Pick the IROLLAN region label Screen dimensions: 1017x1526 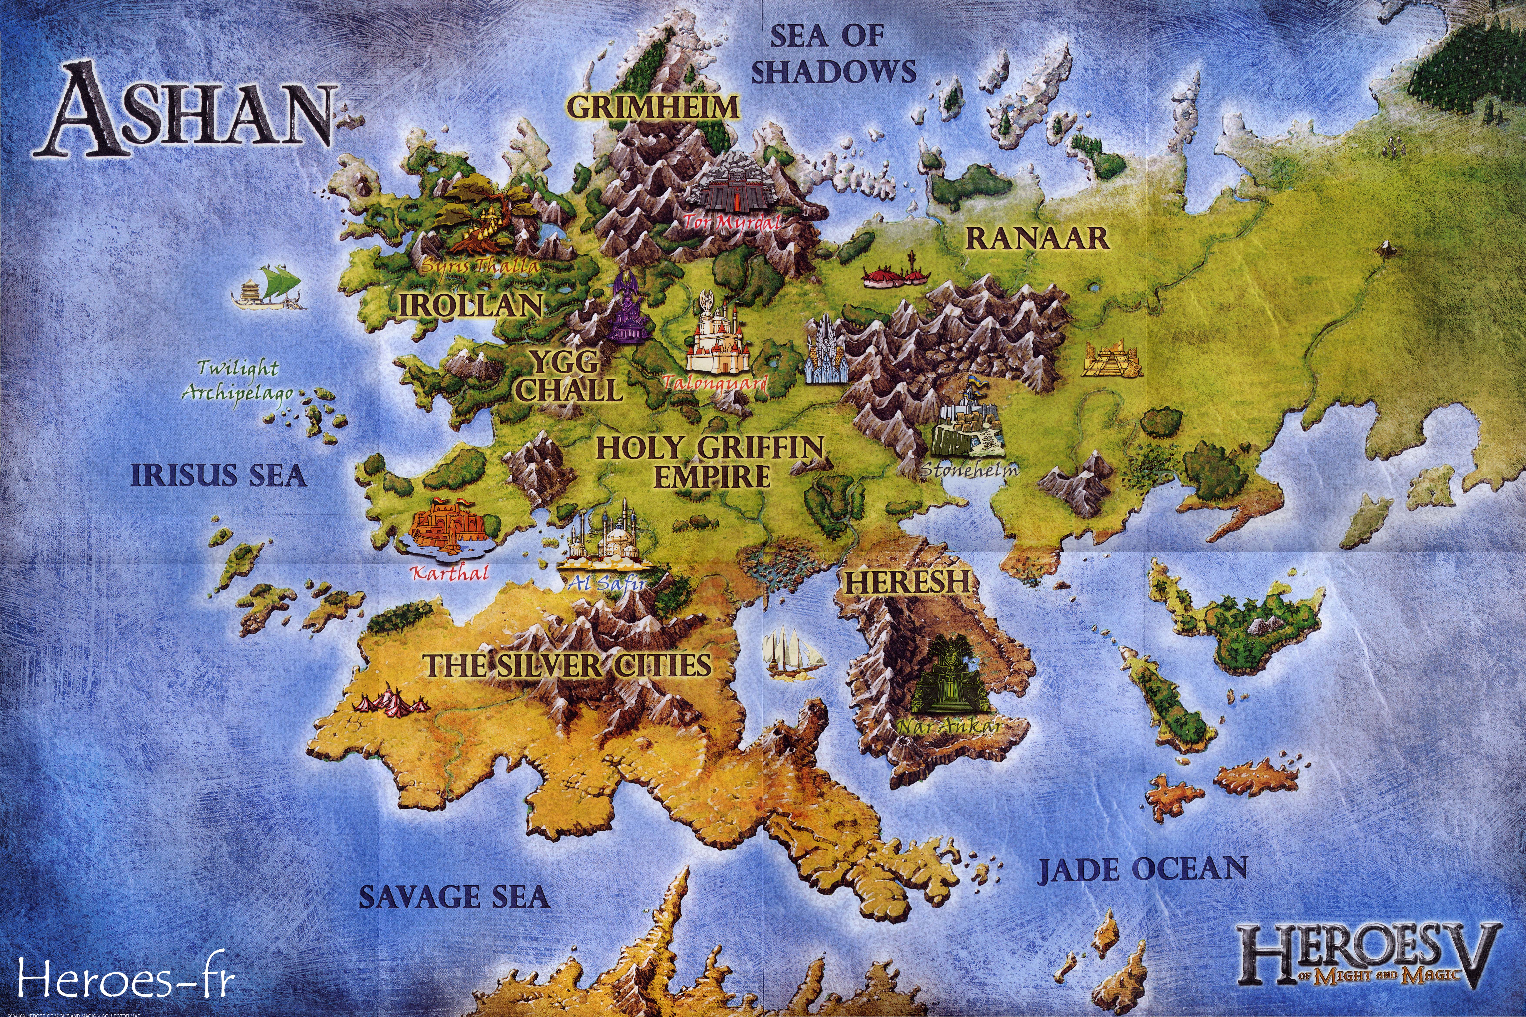pyautogui.click(x=470, y=305)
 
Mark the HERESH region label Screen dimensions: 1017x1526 pyautogui.click(x=906, y=582)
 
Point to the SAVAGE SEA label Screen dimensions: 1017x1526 pyautogui.click(x=454, y=897)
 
